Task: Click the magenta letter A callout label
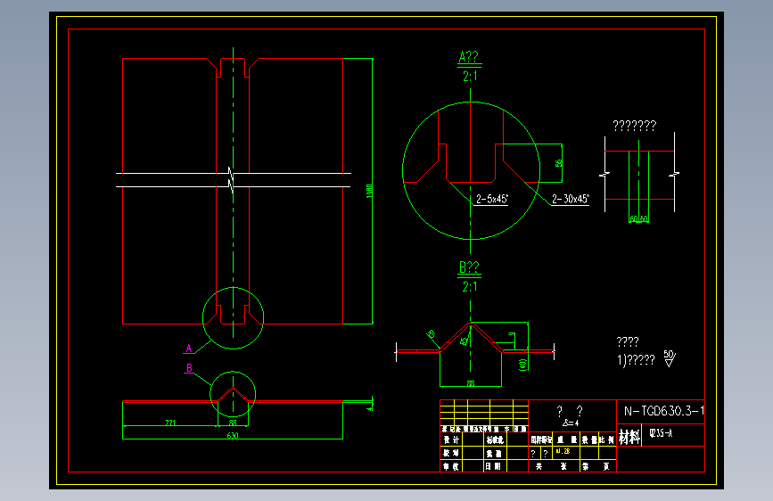coord(189,348)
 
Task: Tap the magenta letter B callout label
coord(189,367)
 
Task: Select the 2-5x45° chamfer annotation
coord(491,199)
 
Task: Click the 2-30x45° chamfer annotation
coord(571,199)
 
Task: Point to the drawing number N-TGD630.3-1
coord(663,411)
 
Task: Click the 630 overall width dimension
coord(233,436)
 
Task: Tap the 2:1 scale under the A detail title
coord(470,78)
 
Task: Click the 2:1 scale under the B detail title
coord(470,286)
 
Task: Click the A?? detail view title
coord(469,58)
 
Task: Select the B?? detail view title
coord(469,267)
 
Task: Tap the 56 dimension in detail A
coord(559,163)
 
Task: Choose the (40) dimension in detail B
coord(522,362)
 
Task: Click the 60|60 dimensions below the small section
coord(638,218)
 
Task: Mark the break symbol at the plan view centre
coord(232,179)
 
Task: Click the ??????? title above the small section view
coord(634,126)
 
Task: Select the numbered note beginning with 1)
coord(636,360)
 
